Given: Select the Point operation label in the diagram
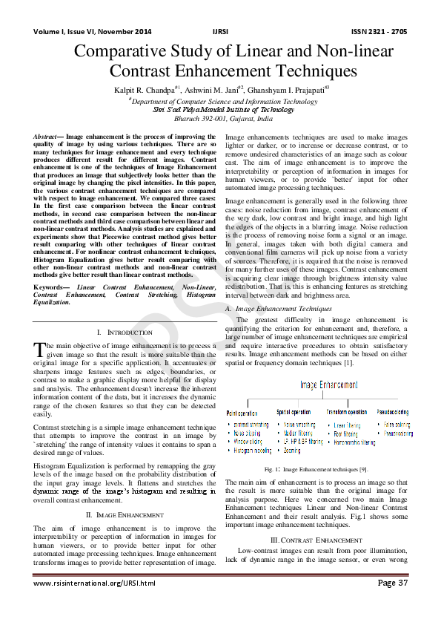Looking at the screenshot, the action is [x=242, y=412].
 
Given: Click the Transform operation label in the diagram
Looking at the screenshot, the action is [x=346, y=412].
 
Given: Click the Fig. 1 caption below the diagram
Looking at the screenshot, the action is [x=316, y=468].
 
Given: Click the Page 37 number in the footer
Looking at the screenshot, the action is [x=393, y=583].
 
